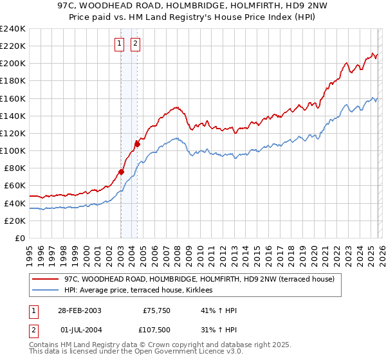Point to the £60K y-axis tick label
(14, 186)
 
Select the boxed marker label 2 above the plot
(136, 44)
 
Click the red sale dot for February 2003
(121, 172)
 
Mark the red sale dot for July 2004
(137, 143)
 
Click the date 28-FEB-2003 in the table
(79, 310)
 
